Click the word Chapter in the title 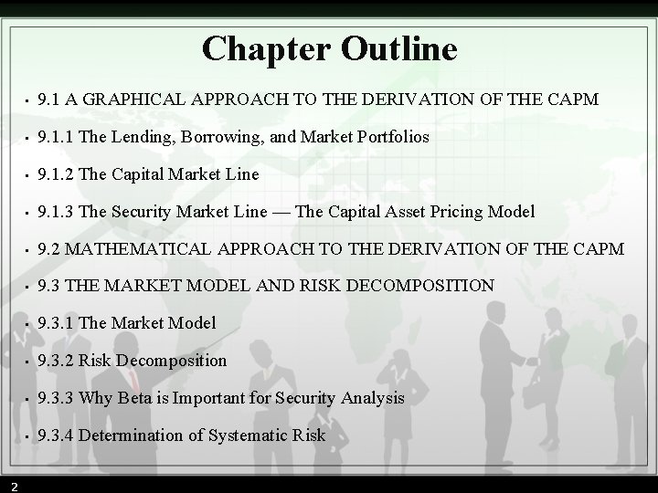click(266, 48)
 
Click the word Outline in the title click(398, 48)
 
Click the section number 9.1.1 click(57, 137)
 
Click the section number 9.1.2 click(57, 173)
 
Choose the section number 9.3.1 click(57, 322)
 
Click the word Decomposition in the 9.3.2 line click(170, 360)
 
